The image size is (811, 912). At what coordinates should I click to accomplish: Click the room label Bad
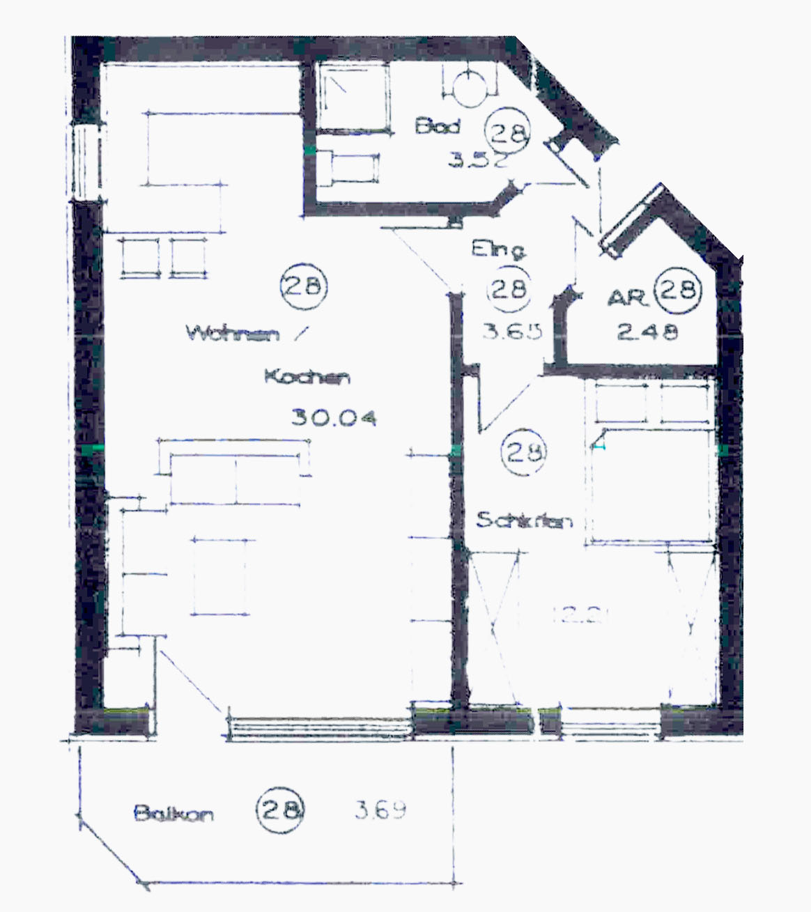point(438,127)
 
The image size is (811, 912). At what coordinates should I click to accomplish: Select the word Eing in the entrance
point(497,249)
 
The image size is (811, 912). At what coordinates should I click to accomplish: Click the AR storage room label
point(628,298)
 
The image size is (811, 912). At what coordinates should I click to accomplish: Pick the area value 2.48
point(647,332)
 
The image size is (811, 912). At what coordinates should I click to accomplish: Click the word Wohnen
point(233,333)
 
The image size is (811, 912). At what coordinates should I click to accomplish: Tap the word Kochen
point(307,378)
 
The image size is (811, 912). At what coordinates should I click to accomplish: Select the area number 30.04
point(334,418)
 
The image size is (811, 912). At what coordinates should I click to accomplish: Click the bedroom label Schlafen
point(524,520)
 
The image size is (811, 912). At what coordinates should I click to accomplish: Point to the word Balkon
point(173,813)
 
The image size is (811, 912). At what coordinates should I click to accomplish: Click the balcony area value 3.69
point(380,810)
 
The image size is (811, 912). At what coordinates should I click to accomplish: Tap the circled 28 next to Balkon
point(281,809)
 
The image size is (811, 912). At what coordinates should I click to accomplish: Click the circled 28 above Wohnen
point(303,286)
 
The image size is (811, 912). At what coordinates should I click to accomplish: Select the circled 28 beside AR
point(679,288)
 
